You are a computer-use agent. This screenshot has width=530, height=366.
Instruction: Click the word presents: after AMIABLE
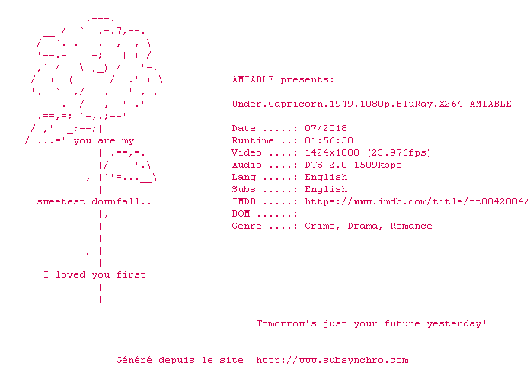(x=308, y=79)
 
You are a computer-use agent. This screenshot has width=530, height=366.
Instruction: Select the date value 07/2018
(x=326, y=128)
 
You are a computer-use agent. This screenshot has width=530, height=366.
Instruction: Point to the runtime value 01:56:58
(x=329, y=140)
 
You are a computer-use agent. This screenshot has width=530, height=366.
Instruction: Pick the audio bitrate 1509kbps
(x=378, y=165)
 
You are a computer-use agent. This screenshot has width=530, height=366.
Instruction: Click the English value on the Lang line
(x=326, y=177)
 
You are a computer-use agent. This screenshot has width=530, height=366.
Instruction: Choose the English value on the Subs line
(x=326, y=189)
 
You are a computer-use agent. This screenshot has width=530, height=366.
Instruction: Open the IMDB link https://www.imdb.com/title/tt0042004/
(x=417, y=201)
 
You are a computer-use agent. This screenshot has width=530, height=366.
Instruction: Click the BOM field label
(x=241, y=213)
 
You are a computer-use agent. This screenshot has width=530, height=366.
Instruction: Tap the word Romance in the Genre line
(x=411, y=226)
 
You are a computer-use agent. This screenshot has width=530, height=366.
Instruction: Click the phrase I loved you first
(x=94, y=274)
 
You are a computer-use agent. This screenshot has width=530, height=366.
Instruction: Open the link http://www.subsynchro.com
(x=332, y=360)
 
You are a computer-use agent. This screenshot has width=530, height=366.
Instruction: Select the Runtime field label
(x=253, y=140)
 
